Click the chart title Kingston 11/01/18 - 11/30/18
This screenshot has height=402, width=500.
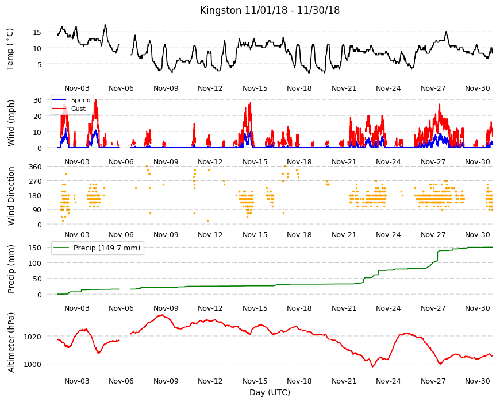tap(270, 10)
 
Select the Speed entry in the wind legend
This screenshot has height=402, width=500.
tap(80, 100)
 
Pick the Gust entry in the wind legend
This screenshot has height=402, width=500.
tap(78, 109)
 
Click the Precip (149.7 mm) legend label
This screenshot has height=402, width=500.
tap(107, 248)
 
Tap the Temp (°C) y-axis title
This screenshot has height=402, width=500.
tap(10, 49)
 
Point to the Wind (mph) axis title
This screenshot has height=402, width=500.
tap(11, 123)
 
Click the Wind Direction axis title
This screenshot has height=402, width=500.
tap(11, 196)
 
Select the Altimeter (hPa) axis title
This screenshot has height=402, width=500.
tap(11, 342)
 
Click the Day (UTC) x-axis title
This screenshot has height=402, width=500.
tap(270, 392)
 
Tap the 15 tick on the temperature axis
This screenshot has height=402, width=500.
tap(37, 32)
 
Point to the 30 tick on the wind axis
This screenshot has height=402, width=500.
tap(37, 100)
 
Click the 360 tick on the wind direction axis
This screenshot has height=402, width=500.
tap(35, 167)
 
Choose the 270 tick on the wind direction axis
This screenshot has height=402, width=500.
tap(35, 181)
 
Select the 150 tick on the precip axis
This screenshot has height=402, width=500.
tap(35, 248)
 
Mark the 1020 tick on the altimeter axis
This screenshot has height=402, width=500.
tap(33, 337)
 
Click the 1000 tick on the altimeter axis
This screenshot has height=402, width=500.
tap(33, 364)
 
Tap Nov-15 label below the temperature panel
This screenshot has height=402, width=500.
tap(255, 88)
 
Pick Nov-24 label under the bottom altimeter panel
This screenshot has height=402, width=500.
tap(388, 381)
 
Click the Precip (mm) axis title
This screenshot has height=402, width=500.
tap(11, 269)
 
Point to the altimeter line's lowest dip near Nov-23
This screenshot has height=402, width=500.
tap(372, 366)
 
